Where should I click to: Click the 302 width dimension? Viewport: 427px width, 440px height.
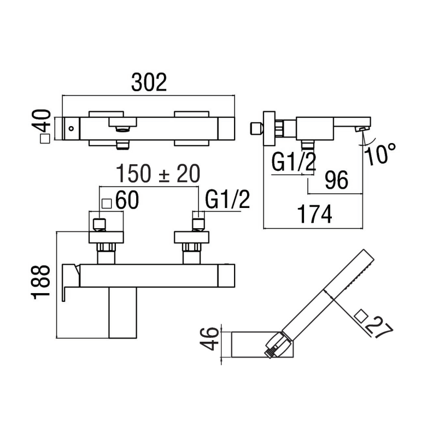[x=149, y=82]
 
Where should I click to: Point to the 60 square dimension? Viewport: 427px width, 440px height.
[x=126, y=201]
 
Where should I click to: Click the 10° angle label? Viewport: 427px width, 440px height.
[x=381, y=154]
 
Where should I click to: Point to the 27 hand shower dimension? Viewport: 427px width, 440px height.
[x=378, y=328]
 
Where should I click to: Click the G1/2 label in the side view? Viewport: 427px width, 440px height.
[x=294, y=163]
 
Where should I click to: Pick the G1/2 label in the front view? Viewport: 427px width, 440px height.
[x=227, y=200]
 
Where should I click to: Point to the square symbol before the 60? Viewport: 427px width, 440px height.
[x=107, y=203]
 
